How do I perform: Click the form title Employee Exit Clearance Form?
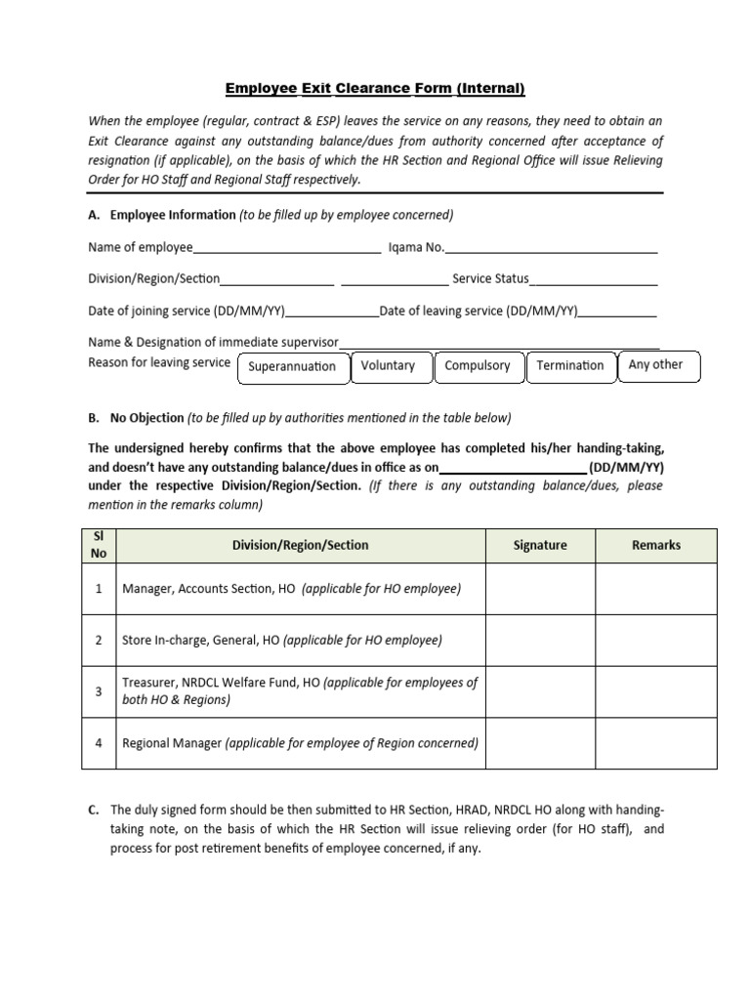coord(375,89)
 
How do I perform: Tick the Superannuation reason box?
coord(292,367)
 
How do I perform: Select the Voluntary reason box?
coord(388,365)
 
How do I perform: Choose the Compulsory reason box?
coord(477,365)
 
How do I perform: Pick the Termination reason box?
coord(570,365)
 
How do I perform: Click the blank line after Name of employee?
coord(287,248)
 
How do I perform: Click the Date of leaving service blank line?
coord(618,312)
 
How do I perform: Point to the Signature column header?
coord(540,545)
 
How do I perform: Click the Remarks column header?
coord(656,545)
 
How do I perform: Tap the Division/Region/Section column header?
coord(300,545)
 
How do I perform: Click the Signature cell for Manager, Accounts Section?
coord(540,589)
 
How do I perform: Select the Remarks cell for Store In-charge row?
coord(656,641)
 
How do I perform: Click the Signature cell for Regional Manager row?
coord(540,743)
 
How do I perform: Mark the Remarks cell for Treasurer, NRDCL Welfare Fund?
coord(656,691)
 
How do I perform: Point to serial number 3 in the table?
coord(99,691)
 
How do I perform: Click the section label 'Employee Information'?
coord(173,215)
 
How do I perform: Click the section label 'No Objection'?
coord(146,418)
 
